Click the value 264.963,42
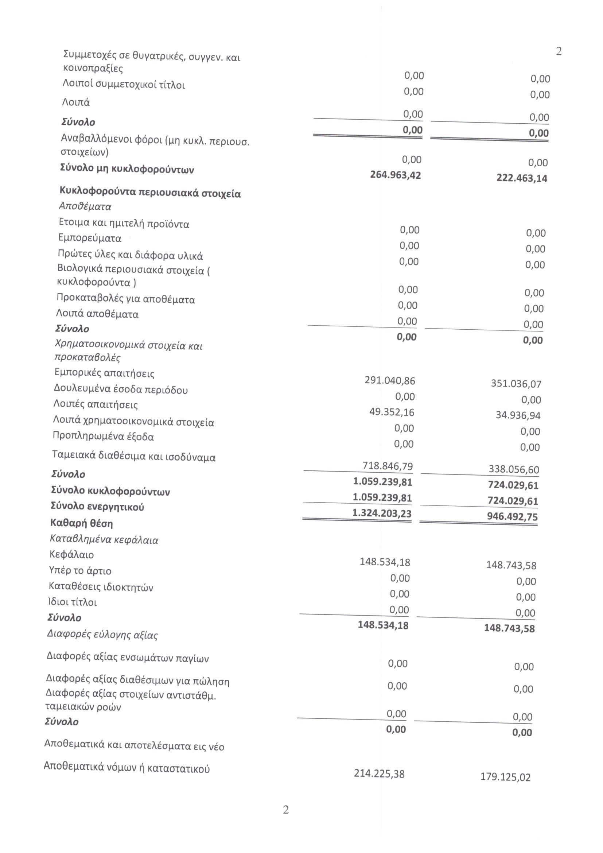pos(396,175)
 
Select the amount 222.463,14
pos(522,178)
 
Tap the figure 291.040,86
pos(390,381)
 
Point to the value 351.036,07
pos(516,384)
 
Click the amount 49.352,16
pos(392,412)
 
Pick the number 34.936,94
pos(518,415)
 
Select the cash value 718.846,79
pos(388,466)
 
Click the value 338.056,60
pos(514,470)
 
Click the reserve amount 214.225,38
pos(379,774)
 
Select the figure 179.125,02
pos(506,777)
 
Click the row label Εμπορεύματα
pos(90,238)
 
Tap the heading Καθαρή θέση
pos(82,523)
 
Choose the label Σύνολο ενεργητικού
pos(97,507)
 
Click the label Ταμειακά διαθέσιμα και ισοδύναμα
pos(134,456)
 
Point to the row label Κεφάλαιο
pos(72,555)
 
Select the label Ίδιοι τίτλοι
pos(73,602)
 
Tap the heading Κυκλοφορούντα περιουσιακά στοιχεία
pos(150,193)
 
